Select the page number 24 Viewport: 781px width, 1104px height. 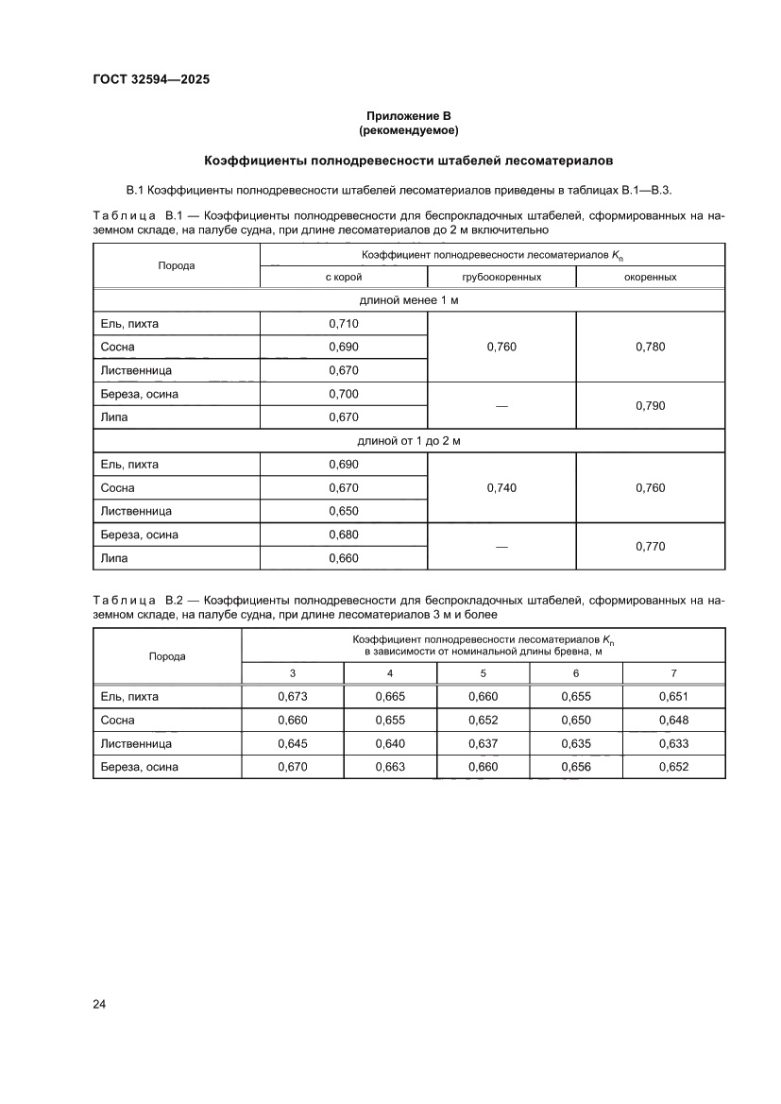99,1003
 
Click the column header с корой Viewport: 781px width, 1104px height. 344,278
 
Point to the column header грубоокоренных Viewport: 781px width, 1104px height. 501,278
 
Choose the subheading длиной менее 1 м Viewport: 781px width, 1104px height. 409,300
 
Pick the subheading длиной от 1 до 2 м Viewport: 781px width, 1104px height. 409,441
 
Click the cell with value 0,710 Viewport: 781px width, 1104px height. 344,324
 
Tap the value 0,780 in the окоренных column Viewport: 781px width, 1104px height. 651,347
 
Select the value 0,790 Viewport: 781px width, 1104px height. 651,405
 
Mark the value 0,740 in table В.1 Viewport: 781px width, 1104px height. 501,488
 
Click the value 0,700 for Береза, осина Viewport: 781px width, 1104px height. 344,394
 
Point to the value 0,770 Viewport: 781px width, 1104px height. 651,546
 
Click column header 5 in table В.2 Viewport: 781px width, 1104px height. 484,673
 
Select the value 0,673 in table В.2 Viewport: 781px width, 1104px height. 293,697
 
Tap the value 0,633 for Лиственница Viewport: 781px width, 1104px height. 673,743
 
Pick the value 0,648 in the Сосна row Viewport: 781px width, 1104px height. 673,721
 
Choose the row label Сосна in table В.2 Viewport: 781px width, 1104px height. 118,721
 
